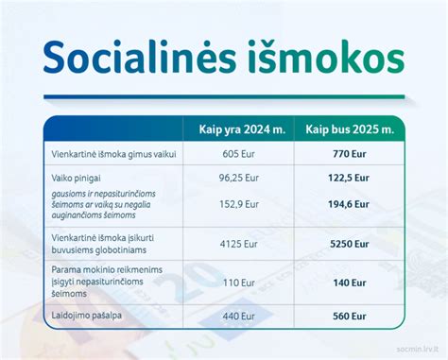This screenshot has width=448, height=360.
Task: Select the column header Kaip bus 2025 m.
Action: point(349,129)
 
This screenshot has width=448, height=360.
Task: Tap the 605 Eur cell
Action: point(237,153)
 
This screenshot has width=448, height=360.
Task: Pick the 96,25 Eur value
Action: point(237,177)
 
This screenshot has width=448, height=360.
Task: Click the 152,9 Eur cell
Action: point(237,203)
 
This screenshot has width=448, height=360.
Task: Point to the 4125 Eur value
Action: point(237,243)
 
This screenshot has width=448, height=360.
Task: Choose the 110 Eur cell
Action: point(237,283)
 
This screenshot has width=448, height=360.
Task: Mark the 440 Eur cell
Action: point(237,318)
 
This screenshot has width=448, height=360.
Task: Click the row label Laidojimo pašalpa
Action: point(87,318)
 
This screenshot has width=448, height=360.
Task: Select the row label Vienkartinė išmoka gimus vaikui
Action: point(111,153)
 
